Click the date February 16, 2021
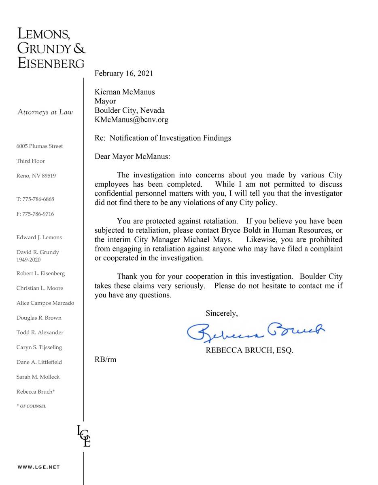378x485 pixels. coord(124,74)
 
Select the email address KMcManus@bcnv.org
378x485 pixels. coord(132,120)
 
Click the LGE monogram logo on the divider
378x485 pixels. coord(83,436)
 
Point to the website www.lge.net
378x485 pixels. coord(38,467)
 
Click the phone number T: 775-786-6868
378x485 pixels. coord(35,199)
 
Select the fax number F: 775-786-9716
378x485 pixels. coord(35,214)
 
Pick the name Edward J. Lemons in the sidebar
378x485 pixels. coord(39,237)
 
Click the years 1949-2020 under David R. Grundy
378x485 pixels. coord(28,260)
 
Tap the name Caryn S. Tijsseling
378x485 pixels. coord(39,347)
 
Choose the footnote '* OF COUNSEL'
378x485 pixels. coord(31,406)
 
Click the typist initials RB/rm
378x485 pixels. coord(105,359)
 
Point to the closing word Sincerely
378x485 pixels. coord(222,313)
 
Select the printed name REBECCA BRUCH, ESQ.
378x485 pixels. coord(249,350)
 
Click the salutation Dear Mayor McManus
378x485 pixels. coord(133,156)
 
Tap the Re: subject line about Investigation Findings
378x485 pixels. coord(163,138)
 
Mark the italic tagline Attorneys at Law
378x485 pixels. coord(45,112)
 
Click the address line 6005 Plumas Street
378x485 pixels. coord(40,146)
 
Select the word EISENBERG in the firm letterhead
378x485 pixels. coord(51,63)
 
